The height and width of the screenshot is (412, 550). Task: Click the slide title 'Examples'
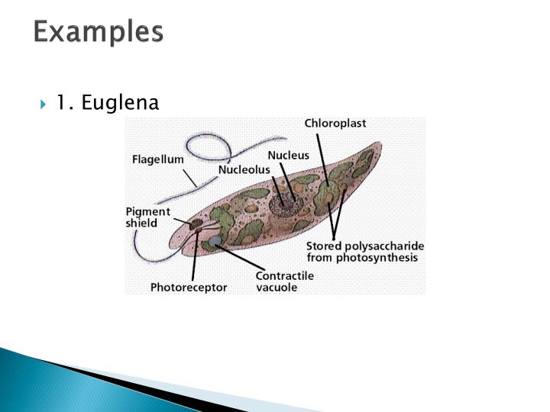pyautogui.click(x=99, y=32)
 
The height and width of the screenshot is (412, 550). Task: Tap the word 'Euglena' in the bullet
pyautogui.click(x=120, y=101)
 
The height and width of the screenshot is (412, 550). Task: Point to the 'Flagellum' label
pyautogui.click(x=158, y=159)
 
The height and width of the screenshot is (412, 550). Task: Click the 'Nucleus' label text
pyautogui.click(x=288, y=155)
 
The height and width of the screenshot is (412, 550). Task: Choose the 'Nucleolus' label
pyautogui.click(x=244, y=169)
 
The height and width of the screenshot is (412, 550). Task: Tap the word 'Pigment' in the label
pyautogui.click(x=148, y=211)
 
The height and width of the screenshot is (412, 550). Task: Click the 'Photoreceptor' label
pyautogui.click(x=188, y=288)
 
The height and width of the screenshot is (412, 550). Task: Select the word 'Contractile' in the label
pyautogui.click(x=283, y=275)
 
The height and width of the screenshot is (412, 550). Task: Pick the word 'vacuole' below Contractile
pyautogui.click(x=276, y=288)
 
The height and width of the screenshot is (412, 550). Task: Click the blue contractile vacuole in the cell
pyautogui.click(x=215, y=242)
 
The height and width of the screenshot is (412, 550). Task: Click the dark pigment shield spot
pyautogui.click(x=196, y=224)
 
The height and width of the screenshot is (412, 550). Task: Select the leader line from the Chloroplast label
pyautogui.click(x=322, y=156)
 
